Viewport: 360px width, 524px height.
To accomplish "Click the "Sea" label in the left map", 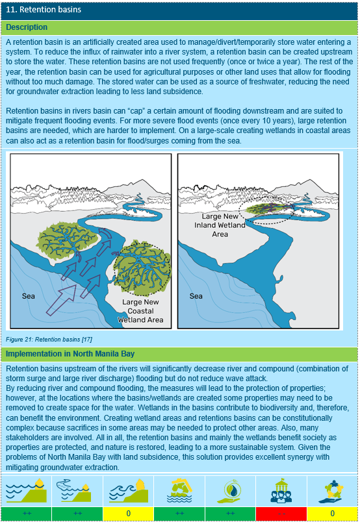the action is click(29, 295).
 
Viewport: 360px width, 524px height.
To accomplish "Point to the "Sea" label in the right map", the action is click(196, 296).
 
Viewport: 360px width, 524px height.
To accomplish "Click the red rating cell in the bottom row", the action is click(281, 513).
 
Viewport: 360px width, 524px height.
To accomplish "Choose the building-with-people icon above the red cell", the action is click(281, 490).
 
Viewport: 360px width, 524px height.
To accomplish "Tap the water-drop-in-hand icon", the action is click(231, 490).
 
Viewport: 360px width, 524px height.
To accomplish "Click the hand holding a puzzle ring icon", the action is click(331, 490).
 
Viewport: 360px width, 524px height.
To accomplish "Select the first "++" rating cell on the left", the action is click(27, 513).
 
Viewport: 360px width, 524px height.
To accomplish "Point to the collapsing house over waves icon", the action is click(179, 490).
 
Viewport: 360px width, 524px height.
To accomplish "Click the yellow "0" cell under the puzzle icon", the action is click(331, 513).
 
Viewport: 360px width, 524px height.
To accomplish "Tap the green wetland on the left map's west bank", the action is click(65, 240).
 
